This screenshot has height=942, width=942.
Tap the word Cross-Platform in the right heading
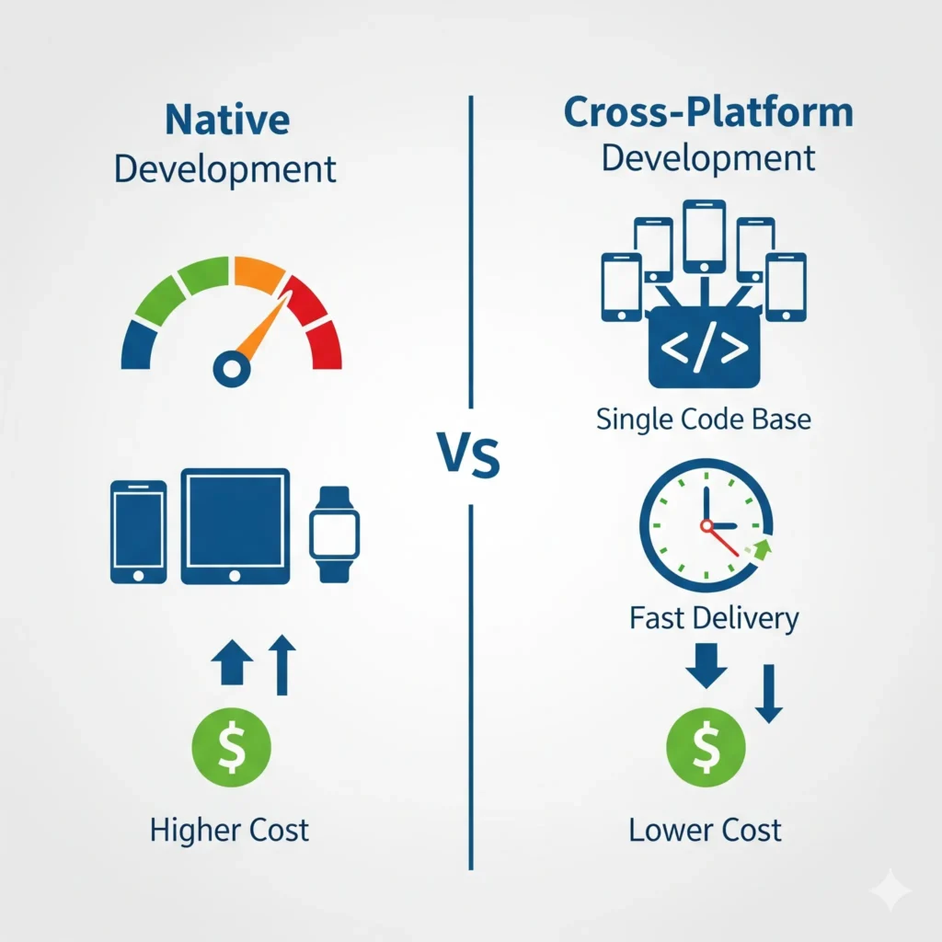(x=708, y=112)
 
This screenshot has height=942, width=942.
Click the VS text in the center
(x=468, y=454)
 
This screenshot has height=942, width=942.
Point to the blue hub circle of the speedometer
(x=232, y=369)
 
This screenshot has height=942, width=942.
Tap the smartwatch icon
(x=335, y=534)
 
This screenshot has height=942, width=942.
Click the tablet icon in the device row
(x=235, y=526)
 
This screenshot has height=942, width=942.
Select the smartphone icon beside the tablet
(x=138, y=532)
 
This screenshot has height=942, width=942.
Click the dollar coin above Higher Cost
(x=231, y=747)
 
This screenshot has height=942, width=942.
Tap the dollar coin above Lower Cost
(x=706, y=747)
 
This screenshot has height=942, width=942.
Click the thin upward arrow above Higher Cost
(x=281, y=664)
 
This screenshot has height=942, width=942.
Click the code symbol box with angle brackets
(x=704, y=347)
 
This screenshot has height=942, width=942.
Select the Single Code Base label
(x=704, y=419)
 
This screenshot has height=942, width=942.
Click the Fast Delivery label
(x=714, y=618)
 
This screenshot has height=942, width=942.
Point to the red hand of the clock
(x=721, y=539)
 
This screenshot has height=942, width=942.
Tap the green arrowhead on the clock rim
(x=763, y=549)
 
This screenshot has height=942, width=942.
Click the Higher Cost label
(x=229, y=831)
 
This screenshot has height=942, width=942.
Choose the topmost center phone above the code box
(x=705, y=236)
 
